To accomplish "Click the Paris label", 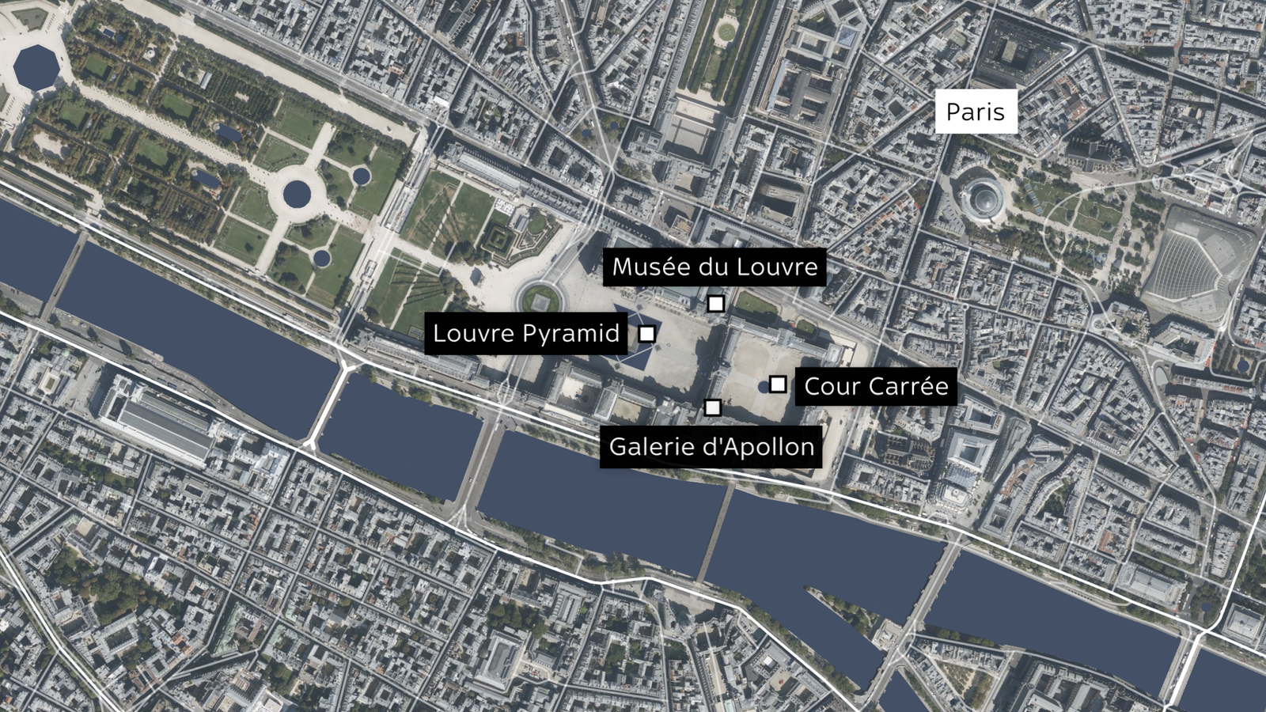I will (x=975, y=112).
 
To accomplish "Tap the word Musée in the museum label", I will (x=650, y=267).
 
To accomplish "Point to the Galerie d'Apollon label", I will (x=711, y=447).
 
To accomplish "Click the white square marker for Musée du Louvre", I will (x=715, y=304).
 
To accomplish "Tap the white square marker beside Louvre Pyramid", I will (x=646, y=334).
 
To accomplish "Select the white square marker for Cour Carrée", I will (x=778, y=384).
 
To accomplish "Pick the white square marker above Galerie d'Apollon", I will (x=712, y=407).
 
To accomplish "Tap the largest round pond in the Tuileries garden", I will (x=298, y=193).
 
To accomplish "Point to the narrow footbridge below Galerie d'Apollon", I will (x=717, y=532).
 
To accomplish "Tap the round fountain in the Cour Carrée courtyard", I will (x=764, y=386).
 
